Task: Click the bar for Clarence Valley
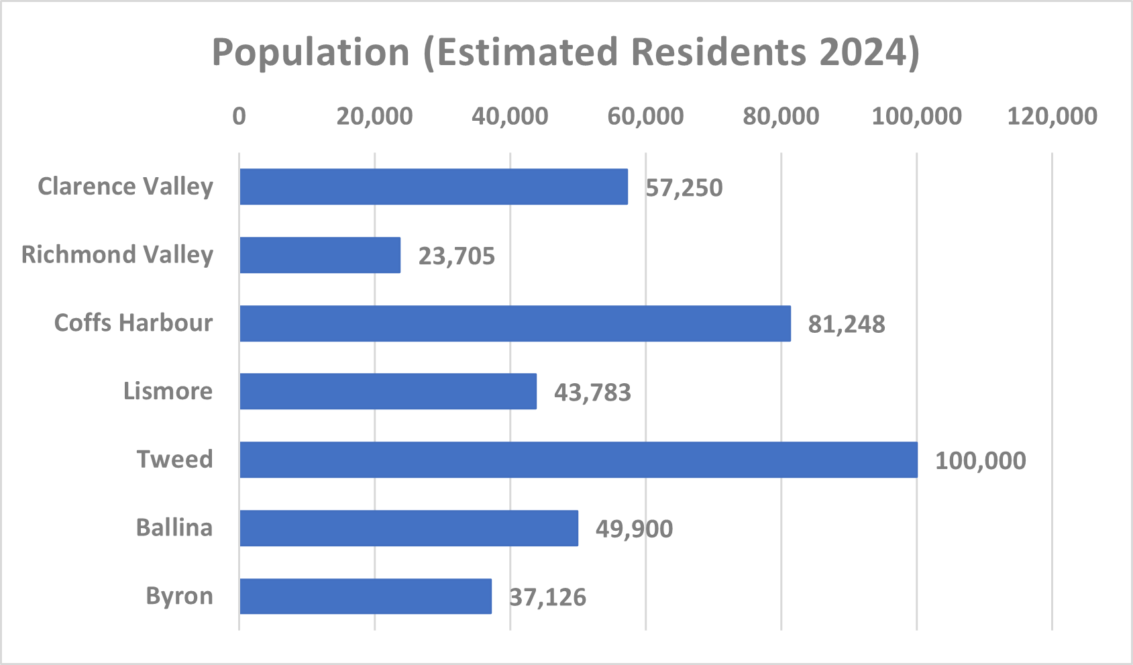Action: (x=434, y=187)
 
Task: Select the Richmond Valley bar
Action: (x=320, y=255)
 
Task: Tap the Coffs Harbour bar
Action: (x=515, y=323)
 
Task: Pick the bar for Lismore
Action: (x=388, y=391)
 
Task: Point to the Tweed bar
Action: (x=579, y=460)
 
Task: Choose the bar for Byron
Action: (x=366, y=596)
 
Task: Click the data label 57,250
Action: (x=684, y=188)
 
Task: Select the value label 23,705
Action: (x=456, y=256)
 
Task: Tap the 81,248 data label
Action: (x=847, y=324)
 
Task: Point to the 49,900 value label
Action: (x=635, y=529)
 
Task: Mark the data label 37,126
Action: (x=548, y=597)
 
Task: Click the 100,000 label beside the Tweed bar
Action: (x=981, y=460)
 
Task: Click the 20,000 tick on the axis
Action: (x=375, y=116)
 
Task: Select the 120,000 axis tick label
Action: (x=1052, y=116)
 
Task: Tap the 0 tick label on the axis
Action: (x=239, y=116)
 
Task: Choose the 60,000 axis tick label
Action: (x=645, y=116)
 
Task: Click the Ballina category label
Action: (x=174, y=527)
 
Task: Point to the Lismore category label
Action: (x=168, y=391)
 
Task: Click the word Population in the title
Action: (x=311, y=52)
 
